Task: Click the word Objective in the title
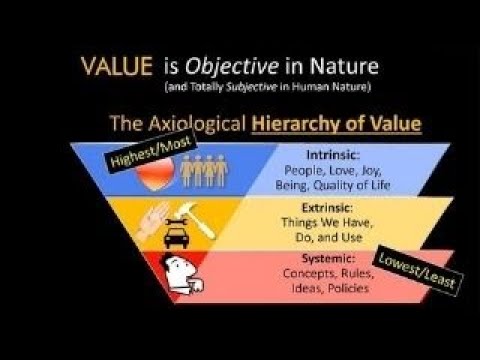[221, 67]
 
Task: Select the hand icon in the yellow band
[152, 219]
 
